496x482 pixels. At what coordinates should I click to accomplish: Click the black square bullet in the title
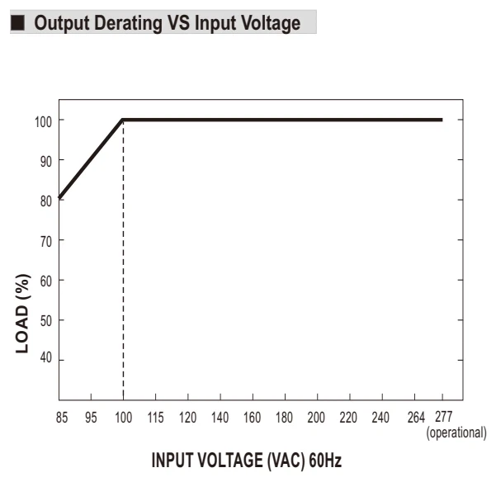click(x=17, y=23)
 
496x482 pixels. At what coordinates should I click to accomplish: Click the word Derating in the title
click(x=129, y=23)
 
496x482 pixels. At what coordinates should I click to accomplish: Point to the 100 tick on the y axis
click(x=43, y=122)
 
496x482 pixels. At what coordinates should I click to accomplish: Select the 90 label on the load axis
click(x=46, y=162)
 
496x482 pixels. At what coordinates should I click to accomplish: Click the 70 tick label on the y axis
click(x=46, y=242)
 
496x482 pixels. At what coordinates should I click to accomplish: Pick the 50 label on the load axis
click(x=46, y=321)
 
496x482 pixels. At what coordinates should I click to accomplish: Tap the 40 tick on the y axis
click(x=46, y=357)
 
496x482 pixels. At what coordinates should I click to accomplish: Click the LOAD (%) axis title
click(x=23, y=314)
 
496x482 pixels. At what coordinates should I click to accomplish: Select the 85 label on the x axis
click(x=62, y=418)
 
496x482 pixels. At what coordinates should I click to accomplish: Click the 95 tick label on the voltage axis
click(x=91, y=418)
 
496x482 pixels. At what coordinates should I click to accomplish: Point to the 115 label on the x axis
click(x=156, y=418)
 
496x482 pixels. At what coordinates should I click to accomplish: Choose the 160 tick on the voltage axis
click(x=252, y=418)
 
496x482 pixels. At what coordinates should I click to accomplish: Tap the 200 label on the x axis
click(x=316, y=418)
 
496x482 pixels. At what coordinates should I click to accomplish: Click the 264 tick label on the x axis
click(x=416, y=418)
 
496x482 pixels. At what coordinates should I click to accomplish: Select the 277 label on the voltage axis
click(x=444, y=417)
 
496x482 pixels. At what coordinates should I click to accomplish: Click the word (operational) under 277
click(x=456, y=433)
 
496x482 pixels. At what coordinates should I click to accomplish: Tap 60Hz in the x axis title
click(x=325, y=461)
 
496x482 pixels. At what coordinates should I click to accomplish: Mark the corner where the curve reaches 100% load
click(x=123, y=120)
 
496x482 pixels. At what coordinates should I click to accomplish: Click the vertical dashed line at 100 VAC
click(x=123, y=260)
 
